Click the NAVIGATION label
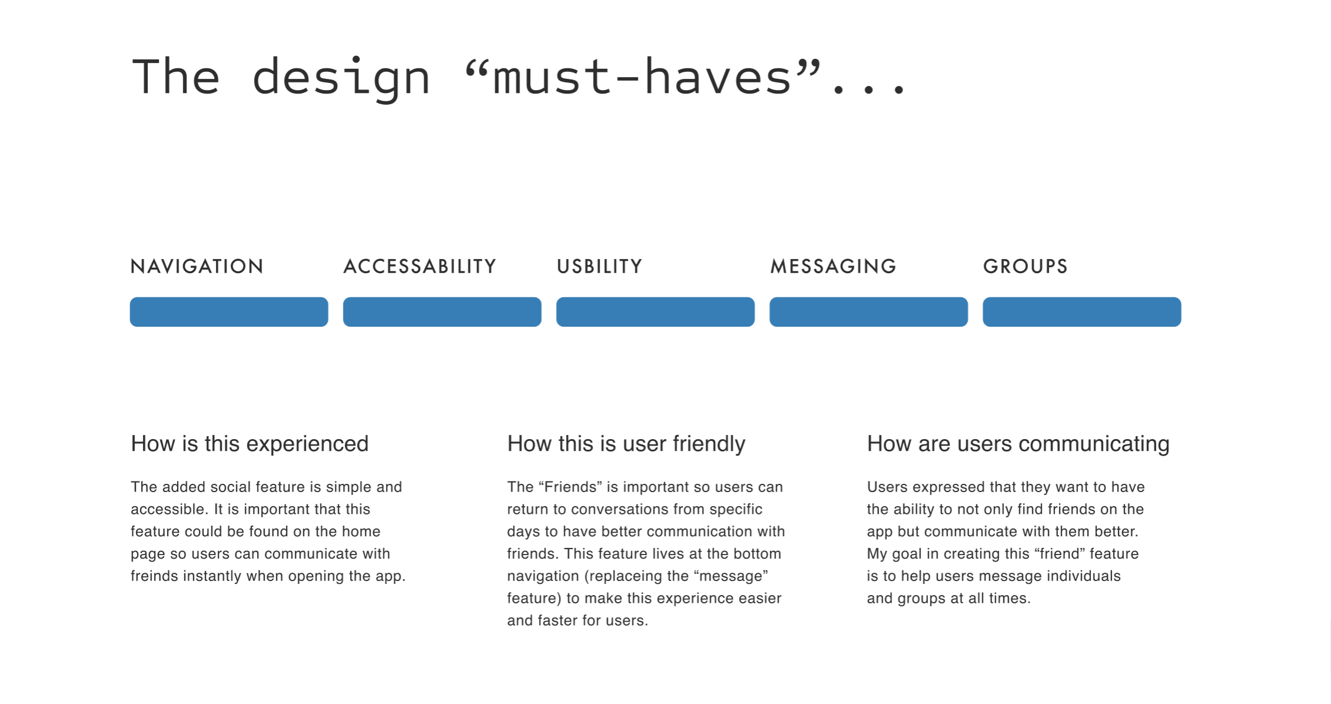[x=197, y=266]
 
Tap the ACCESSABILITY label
[x=420, y=266]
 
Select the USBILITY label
[x=599, y=266]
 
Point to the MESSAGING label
[x=833, y=266]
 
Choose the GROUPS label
[x=1025, y=266]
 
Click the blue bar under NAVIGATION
[x=229, y=311]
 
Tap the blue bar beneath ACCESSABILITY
[x=442, y=311]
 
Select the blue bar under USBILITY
[x=655, y=311]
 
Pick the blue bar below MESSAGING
[x=869, y=311]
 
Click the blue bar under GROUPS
[x=1082, y=311]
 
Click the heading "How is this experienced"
[x=249, y=444]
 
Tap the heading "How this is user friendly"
[x=626, y=444]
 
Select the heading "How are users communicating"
[x=1018, y=444]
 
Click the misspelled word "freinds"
[x=154, y=576]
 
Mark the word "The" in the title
[x=176, y=77]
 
